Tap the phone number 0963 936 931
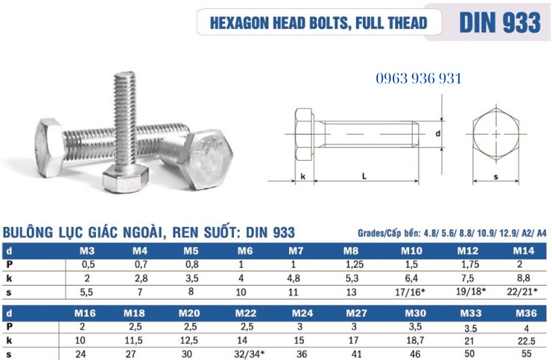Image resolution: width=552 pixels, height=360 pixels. (x=418, y=78)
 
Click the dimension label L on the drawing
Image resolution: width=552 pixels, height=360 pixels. (x=364, y=176)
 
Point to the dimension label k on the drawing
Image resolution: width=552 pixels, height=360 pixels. (x=304, y=176)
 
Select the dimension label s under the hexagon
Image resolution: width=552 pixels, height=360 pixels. (x=496, y=176)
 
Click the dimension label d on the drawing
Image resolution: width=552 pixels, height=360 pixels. (x=438, y=134)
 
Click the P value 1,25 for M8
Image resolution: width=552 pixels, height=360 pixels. (x=351, y=264)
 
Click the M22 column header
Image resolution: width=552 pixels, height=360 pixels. (x=246, y=313)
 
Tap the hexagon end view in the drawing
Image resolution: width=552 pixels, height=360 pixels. (x=496, y=134)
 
